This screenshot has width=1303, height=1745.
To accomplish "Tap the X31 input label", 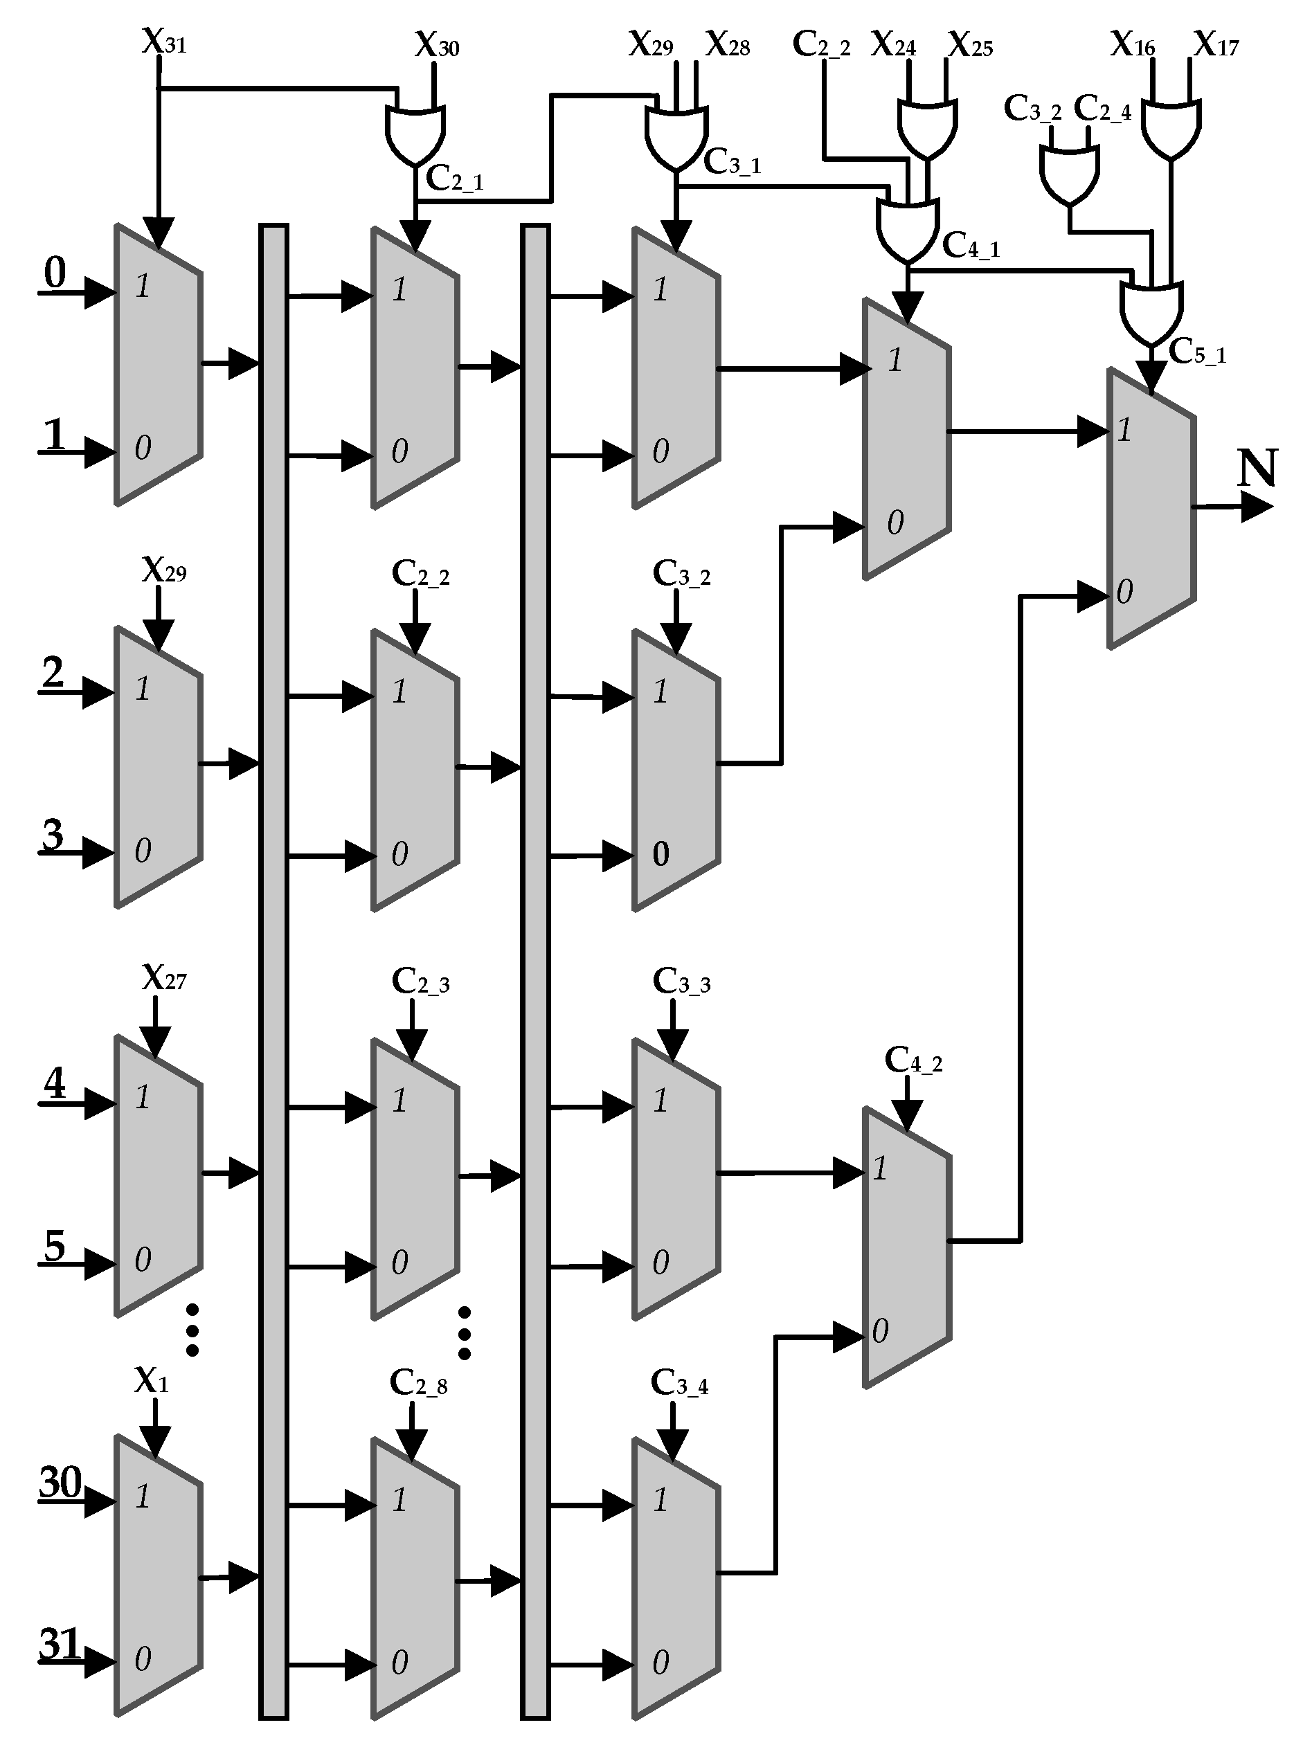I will click(x=164, y=41).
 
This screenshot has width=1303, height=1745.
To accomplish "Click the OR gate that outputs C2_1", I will click(x=415, y=132).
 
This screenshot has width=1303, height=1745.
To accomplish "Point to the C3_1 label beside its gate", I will click(x=731, y=163).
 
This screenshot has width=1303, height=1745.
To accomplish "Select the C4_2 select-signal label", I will click(x=913, y=1061).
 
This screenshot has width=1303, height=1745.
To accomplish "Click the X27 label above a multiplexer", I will click(x=164, y=978).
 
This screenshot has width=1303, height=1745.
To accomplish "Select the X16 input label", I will click(x=1133, y=44).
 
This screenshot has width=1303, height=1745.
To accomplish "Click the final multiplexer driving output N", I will click(x=1151, y=509).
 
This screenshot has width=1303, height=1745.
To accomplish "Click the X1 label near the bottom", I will click(x=152, y=1380).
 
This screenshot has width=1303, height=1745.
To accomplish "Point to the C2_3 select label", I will click(x=420, y=982).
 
